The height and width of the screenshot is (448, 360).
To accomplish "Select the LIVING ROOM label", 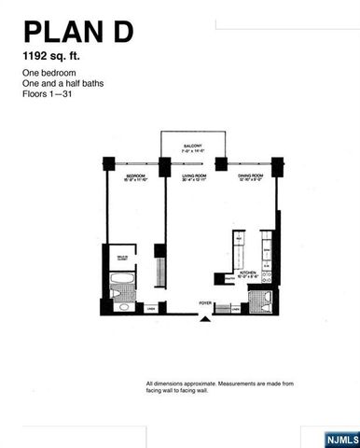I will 192,175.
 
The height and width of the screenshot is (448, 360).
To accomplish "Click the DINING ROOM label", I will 247,175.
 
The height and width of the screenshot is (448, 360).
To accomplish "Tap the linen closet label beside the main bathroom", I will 151,308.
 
